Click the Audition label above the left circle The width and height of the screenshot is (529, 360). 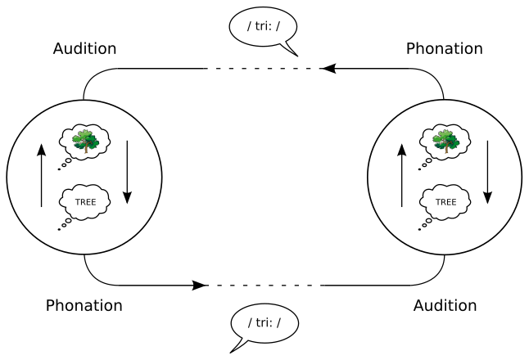[84, 48]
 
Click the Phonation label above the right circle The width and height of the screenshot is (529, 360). [444, 48]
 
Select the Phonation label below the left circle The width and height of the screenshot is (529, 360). [84, 305]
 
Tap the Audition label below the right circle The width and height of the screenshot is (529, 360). [445, 305]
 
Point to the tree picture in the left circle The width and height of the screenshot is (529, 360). [85, 142]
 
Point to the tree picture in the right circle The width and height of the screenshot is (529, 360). [445, 142]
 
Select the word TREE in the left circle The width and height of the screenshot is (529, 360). [85, 201]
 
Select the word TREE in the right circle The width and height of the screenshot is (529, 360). [445, 201]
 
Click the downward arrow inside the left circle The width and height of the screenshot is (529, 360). [128, 173]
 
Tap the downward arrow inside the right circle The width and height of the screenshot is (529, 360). [488, 173]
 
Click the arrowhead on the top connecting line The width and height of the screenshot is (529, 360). [328, 69]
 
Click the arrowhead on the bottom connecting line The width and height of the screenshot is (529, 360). [199, 286]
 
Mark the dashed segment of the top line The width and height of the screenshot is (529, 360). [262, 69]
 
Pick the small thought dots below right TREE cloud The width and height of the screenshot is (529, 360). [423, 225]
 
